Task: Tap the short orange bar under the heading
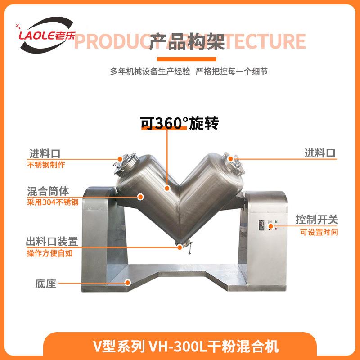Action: pyautogui.click(x=186, y=59)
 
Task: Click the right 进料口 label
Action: pyautogui.click(x=320, y=153)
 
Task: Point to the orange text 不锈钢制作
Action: pyautogui.click(x=46, y=165)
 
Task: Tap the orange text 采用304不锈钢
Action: pyautogui.click(x=53, y=202)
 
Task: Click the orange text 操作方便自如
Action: pyautogui.click(x=49, y=253)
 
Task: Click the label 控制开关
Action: pyautogui.click(x=317, y=220)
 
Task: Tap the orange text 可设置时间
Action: pyautogui.click(x=319, y=232)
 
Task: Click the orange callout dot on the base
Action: pyautogui.click(x=127, y=283)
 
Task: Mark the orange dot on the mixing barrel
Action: pyautogui.click(x=140, y=196)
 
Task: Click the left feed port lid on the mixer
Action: pyautogui.click(x=121, y=164)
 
